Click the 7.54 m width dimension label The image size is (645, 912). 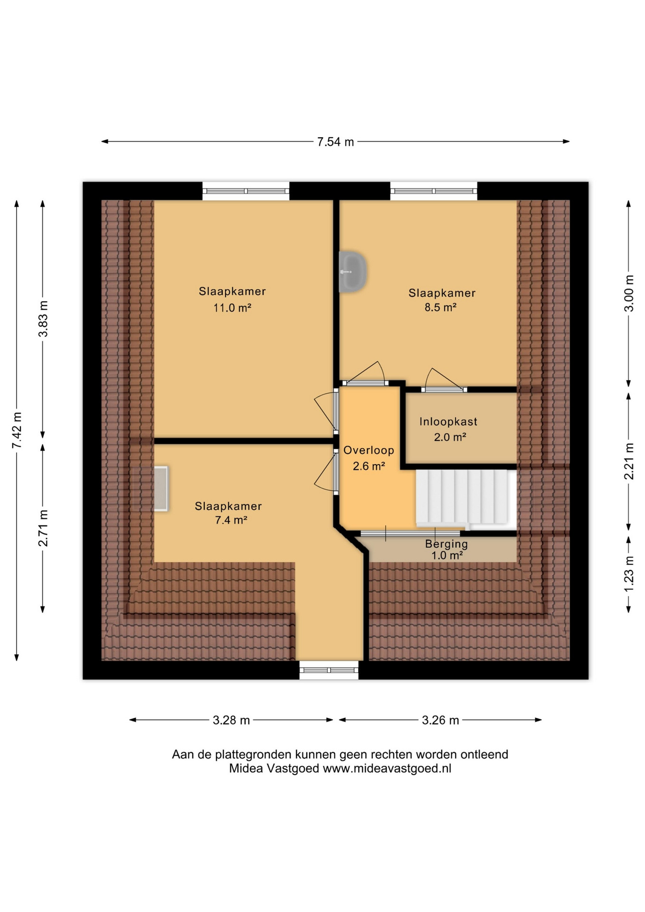click(x=335, y=142)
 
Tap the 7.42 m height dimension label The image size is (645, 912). click(x=17, y=430)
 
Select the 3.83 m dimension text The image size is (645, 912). click(x=43, y=319)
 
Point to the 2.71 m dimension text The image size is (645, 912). click(x=43, y=528)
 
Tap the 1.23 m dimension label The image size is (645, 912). click(x=628, y=574)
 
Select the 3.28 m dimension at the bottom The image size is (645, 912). click(x=231, y=720)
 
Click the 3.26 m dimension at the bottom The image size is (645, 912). click(x=440, y=720)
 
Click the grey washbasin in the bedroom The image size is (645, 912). click(x=352, y=272)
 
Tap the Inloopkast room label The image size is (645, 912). click(x=448, y=421)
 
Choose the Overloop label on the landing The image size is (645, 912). click(x=369, y=450)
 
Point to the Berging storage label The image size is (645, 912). click(x=446, y=544)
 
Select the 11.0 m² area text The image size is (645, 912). click(x=232, y=308)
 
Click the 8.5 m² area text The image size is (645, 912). click(x=440, y=307)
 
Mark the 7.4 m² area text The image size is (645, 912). click(x=231, y=520)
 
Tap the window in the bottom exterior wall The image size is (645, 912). click(x=329, y=670)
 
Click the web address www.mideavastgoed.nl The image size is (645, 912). click(x=387, y=768)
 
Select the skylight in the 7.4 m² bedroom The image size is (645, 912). click(x=161, y=489)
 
